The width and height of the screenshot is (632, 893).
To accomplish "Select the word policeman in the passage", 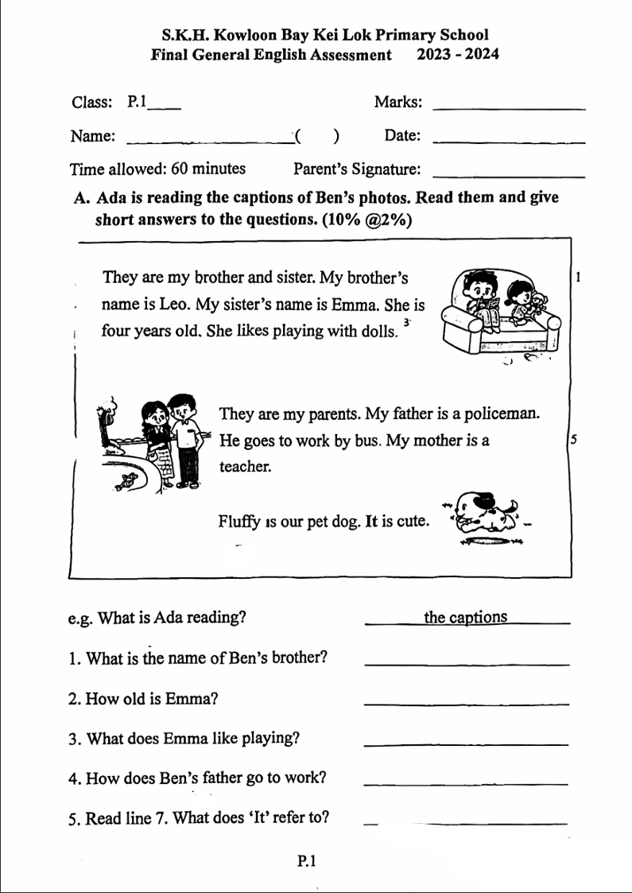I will pyautogui.click(x=504, y=414).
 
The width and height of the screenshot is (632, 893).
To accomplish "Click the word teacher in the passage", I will pyautogui.click(x=246, y=466).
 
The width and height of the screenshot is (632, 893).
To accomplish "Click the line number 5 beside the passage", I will pyautogui.click(x=572, y=440).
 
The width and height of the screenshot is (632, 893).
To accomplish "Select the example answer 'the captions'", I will pyautogui.click(x=466, y=618).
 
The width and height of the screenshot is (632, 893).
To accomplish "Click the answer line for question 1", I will pyautogui.click(x=466, y=662).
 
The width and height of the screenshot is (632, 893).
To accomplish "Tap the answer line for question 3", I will pyautogui.click(x=466, y=743).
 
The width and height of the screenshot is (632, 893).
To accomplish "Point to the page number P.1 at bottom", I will pyautogui.click(x=308, y=860).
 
